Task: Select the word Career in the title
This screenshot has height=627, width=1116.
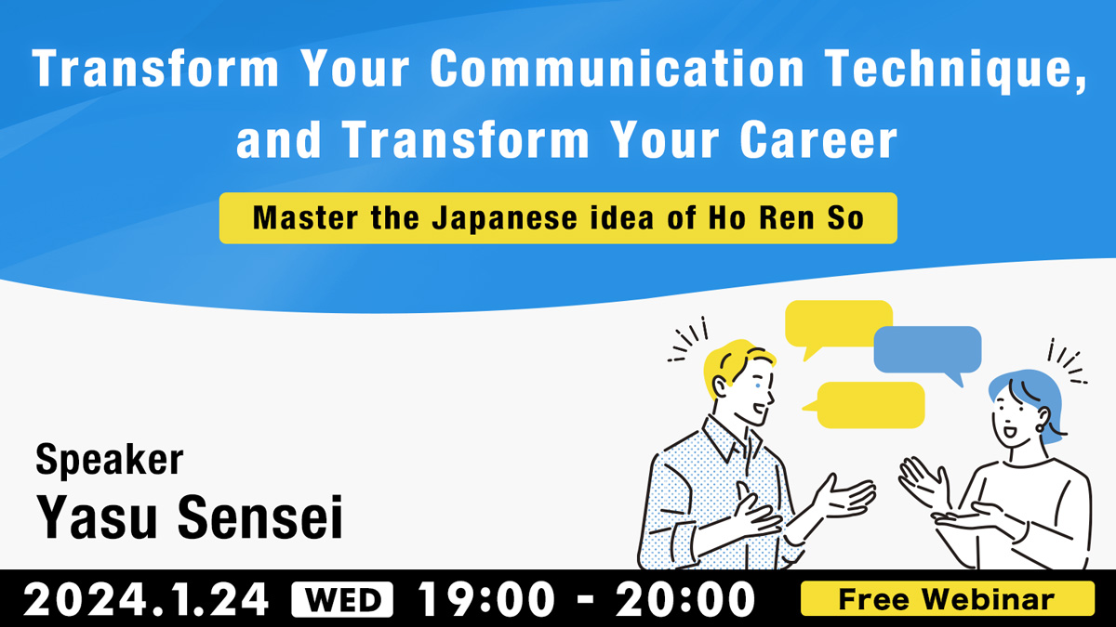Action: [x=818, y=140]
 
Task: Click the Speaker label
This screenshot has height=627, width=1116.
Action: [x=110, y=461]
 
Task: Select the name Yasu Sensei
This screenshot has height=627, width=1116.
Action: [x=190, y=517]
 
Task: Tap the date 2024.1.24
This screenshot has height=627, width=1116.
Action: [x=146, y=600]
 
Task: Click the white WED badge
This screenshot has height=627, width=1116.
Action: [x=342, y=600]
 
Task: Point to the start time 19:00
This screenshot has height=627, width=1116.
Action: [x=485, y=600]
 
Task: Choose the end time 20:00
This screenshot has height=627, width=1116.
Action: [x=685, y=600]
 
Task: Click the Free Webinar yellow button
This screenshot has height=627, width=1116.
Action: [x=948, y=598]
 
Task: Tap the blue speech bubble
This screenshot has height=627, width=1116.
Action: [x=928, y=351]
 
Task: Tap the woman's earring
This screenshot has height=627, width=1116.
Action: [x=1040, y=428]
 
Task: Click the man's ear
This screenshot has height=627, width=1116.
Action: [x=720, y=387]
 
